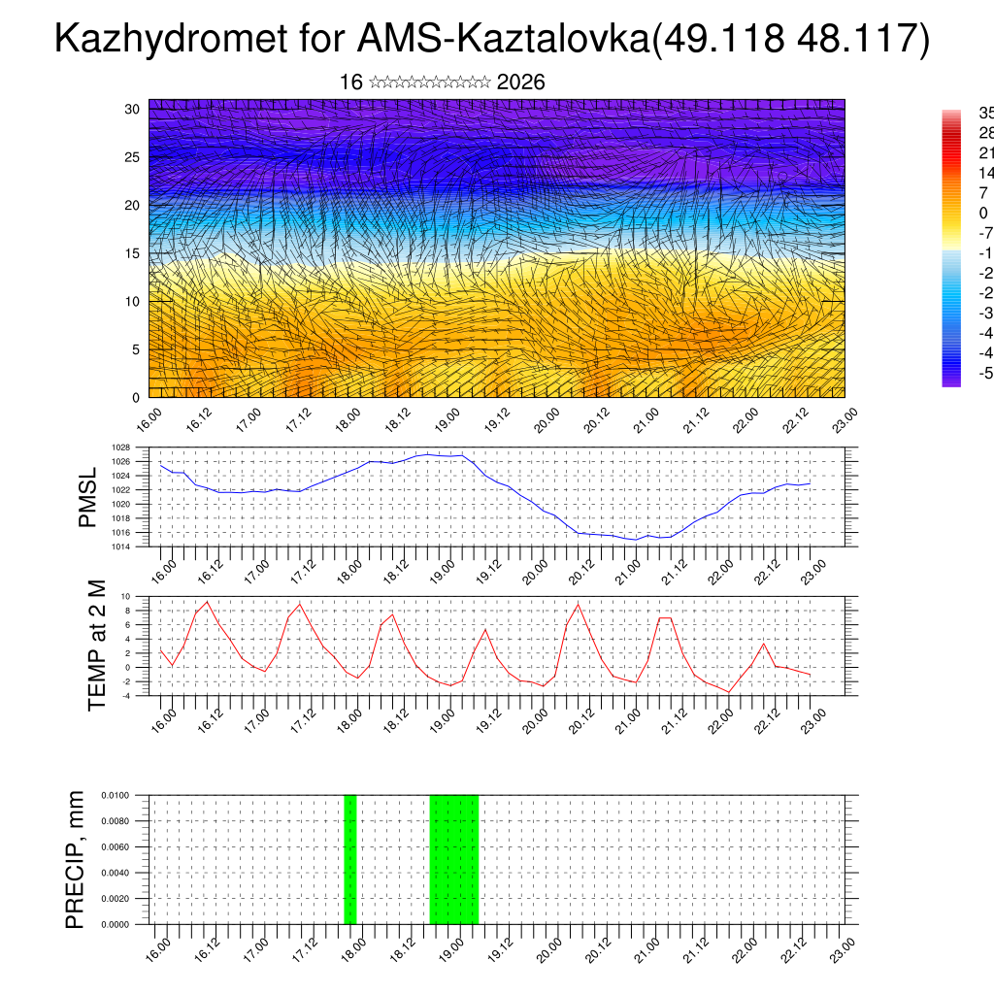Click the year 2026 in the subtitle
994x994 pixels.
click(x=520, y=83)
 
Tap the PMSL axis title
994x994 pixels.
click(x=88, y=497)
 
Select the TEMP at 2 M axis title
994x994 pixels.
click(x=97, y=646)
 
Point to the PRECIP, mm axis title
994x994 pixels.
click(x=76, y=859)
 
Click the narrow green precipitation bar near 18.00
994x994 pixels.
click(x=350, y=859)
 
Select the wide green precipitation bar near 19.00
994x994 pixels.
click(x=453, y=859)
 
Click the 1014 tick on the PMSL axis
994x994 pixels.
click(x=119, y=547)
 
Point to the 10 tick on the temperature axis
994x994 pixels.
click(x=125, y=596)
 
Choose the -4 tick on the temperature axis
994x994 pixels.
click(x=125, y=695)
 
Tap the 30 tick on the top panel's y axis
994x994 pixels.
click(x=132, y=109)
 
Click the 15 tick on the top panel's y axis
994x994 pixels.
click(x=132, y=253)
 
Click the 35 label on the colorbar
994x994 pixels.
click(x=984, y=113)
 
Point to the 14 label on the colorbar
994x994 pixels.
click(x=984, y=173)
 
